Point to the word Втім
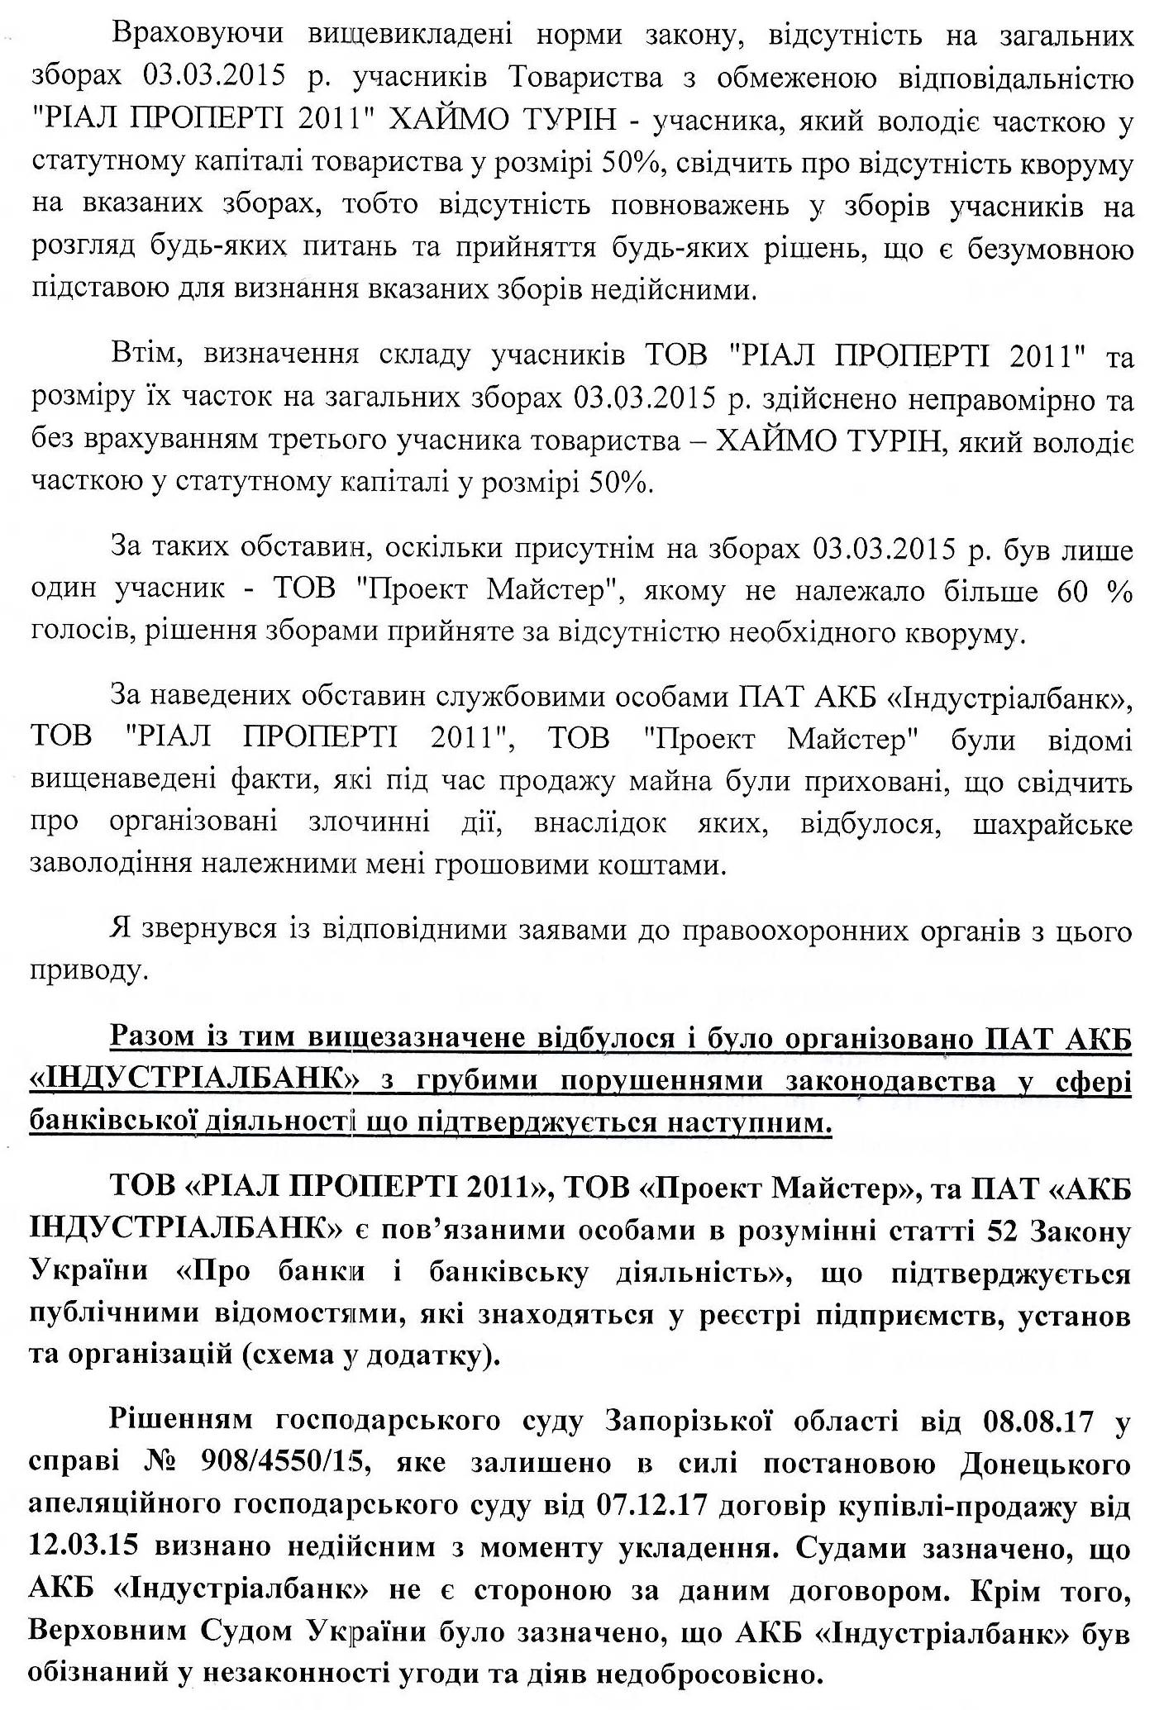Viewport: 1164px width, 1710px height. click(141, 356)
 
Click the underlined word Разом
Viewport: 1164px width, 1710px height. click(157, 1037)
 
